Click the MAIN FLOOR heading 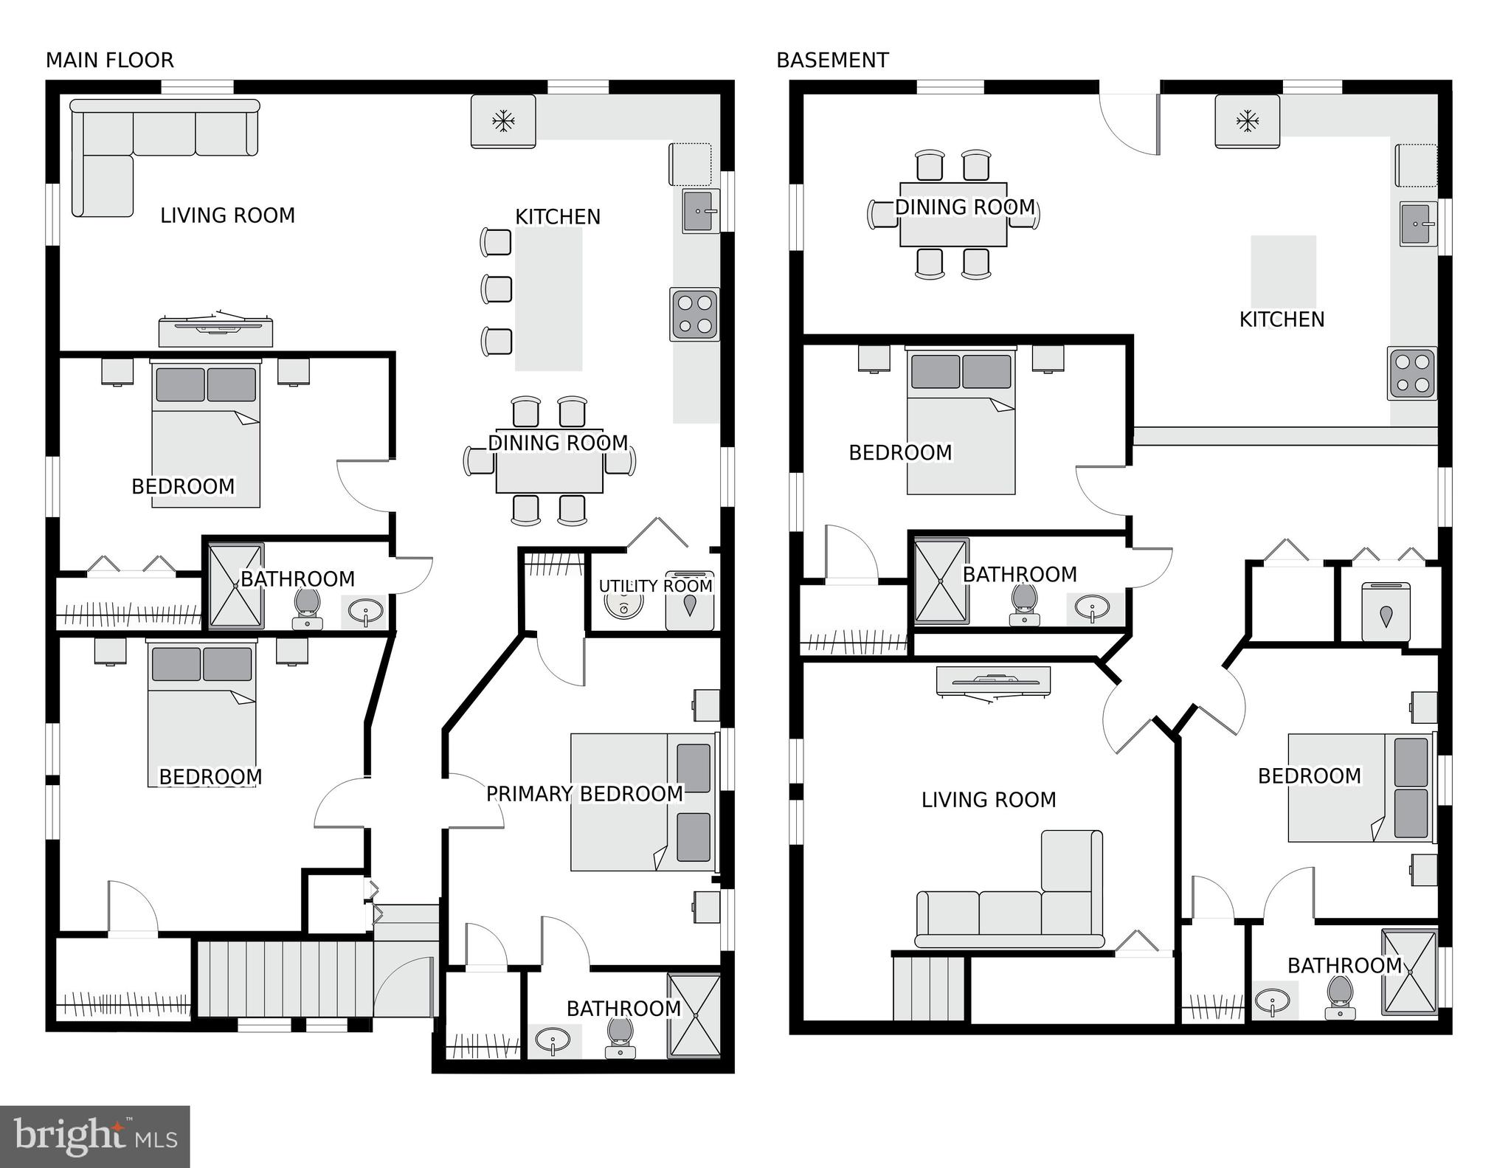click(x=110, y=61)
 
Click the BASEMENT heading click(x=832, y=61)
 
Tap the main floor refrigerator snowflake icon click(x=503, y=120)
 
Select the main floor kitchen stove click(x=695, y=314)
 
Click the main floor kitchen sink click(x=700, y=211)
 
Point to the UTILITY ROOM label click(x=655, y=586)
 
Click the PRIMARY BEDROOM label click(x=584, y=794)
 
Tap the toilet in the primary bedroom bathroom click(x=620, y=1036)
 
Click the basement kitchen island click(x=1283, y=271)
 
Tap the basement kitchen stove click(x=1411, y=373)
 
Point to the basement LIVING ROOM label click(x=989, y=800)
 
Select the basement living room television click(x=992, y=681)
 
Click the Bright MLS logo click(x=94, y=1136)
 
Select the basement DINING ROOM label click(x=965, y=207)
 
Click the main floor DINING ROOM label click(x=558, y=443)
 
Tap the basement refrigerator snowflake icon click(x=1248, y=120)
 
